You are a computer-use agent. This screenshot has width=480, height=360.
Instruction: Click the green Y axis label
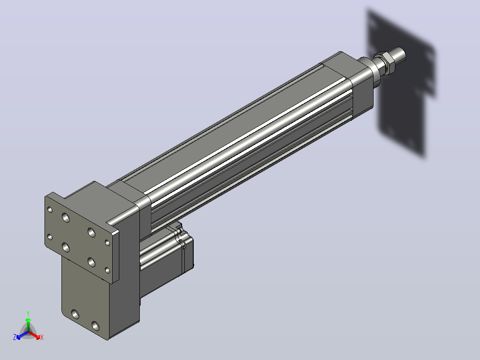[x=28, y=313]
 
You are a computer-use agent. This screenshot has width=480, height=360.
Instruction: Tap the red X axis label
[x=42, y=337]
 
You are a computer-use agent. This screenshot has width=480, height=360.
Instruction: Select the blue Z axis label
[x=15, y=337]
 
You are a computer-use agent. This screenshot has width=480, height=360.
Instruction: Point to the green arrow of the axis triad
[x=28, y=324]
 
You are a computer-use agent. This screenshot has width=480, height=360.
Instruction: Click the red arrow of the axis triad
[x=35, y=335]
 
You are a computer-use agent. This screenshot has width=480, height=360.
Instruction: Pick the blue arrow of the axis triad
[x=22, y=335]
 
